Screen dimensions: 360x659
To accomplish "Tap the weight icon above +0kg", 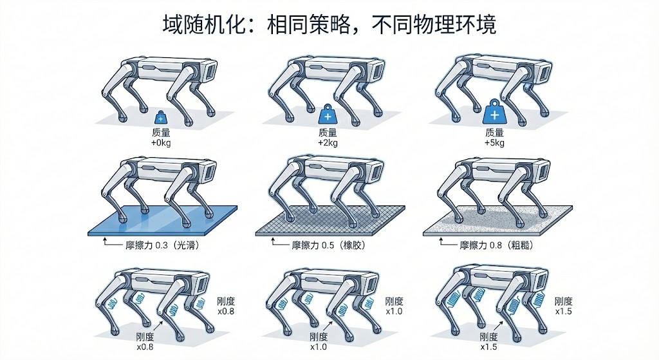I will [160, 118].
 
